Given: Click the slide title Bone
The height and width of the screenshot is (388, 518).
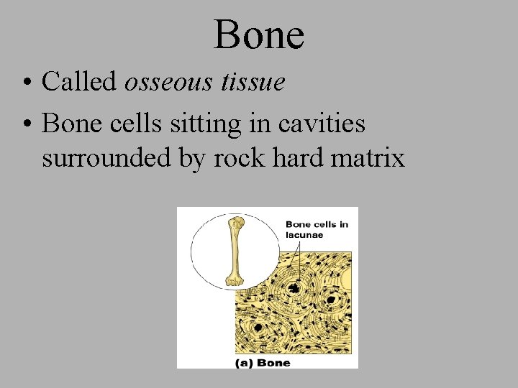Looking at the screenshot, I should pos(259,34).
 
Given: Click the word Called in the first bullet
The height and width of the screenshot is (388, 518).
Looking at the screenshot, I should pos(80,82).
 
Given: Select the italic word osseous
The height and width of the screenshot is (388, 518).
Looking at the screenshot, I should pos(168,82).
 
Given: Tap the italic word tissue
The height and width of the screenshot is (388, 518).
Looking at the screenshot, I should pos(252,82).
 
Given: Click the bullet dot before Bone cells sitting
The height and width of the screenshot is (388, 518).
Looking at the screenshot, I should pos(26,124).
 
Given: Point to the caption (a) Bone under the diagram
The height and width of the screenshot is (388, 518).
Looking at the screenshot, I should pos(263,362).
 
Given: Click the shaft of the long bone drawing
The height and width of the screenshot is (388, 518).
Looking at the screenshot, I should pos(235,251).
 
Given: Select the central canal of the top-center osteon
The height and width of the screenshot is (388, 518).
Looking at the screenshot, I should pos(294,288).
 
